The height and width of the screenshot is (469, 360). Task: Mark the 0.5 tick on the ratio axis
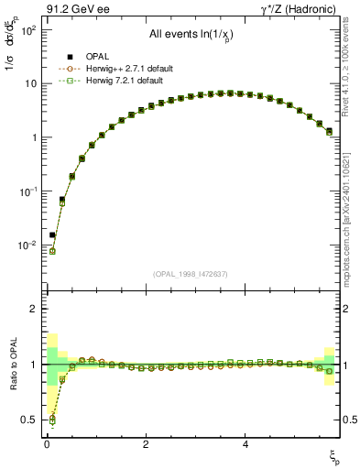point(30,420)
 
